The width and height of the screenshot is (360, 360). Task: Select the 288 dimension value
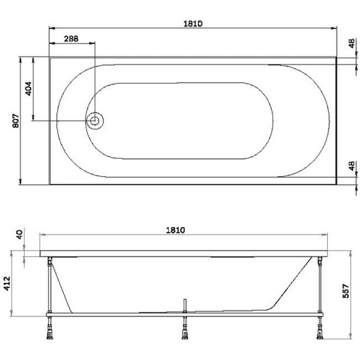tap(71, 38)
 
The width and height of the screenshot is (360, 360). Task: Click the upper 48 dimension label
tap(353, 45)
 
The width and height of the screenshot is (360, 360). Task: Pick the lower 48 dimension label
tap(353, 167)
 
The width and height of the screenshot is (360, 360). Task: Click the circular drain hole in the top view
tap(96, 121)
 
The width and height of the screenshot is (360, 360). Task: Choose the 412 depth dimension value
tap(8, 286)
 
